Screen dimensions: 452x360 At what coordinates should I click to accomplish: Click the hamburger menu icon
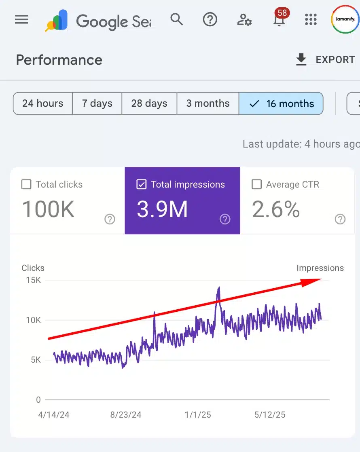[21, 19]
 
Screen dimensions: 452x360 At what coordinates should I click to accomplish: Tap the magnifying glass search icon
[176, 19]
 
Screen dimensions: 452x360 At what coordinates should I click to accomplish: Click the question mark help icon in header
[210, 19]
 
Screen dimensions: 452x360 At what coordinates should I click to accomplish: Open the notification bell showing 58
[279, 19]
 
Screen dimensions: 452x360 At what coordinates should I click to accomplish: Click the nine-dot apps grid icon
[311, 19]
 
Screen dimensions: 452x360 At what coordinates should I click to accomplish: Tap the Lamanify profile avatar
[345, 19]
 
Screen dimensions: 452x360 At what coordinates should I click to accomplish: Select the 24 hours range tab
[42, 103]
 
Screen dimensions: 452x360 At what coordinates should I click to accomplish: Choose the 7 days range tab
[97, 103]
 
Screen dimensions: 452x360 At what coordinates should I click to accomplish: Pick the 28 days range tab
[149, 103]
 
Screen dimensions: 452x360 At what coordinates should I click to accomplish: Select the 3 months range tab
[208, 103]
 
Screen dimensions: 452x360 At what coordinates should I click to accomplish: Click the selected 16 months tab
[282, 103]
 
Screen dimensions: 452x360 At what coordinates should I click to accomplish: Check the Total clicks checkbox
[26, 185]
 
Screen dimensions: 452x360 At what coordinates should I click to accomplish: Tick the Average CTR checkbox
[256, 185]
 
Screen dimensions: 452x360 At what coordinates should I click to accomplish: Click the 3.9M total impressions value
[162, 209]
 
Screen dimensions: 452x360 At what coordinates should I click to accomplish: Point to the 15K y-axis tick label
[33, 280]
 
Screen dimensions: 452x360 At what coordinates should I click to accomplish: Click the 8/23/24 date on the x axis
[126, 415]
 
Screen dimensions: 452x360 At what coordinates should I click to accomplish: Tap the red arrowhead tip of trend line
[320, 279]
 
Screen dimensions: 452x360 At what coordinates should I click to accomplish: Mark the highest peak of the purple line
[219, 287]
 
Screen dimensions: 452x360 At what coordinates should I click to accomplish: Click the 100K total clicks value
[48, 209]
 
